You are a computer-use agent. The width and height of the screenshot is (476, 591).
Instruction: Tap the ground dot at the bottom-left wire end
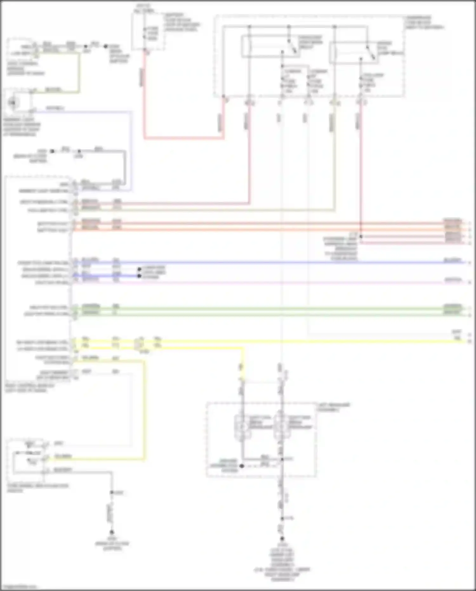[x=112, y=532]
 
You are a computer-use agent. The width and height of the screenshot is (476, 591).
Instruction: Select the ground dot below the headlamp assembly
[x=282, y=539]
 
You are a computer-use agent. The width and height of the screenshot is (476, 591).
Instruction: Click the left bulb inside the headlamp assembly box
[x=243, y=427]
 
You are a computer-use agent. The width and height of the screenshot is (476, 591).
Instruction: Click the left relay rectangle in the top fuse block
[x=270, y=47]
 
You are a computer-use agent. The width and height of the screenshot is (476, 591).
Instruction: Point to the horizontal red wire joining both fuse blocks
[x=184, y=138]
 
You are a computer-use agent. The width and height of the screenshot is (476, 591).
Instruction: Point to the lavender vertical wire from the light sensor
[x=131, y=149]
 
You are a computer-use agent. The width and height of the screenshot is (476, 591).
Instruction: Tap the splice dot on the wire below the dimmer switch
[x=112, y=493]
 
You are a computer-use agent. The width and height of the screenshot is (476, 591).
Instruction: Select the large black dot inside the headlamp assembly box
[x=242, y=466]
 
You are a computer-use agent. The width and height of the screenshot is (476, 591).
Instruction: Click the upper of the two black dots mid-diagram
[x=139, y=269]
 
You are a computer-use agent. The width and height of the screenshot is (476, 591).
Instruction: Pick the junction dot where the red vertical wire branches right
[x=361, y=237]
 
